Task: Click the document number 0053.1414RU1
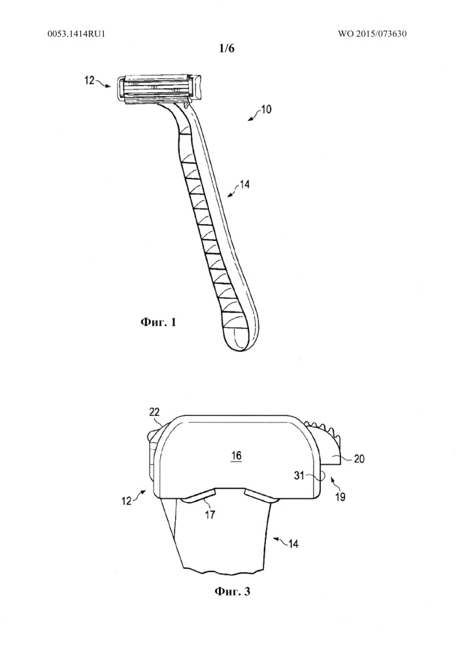tap(76, 33)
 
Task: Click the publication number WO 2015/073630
tap(372, 33)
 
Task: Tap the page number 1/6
tap(227, 49)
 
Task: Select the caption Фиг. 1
tap(158, 322)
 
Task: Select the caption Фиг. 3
tap(233, 591)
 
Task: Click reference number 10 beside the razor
tap(266, 110)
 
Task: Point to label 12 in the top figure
tap(90, 80)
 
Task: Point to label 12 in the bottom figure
tap(127, 501)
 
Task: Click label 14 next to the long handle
tap(245, 184)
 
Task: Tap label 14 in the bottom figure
tap(293, 543)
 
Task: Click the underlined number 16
tap(236, 455)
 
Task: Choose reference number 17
tap(210, 515)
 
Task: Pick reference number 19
tap(340, 497)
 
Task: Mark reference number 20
tap(359, 458)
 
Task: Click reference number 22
tap(154, 412)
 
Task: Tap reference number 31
tap(299, 475)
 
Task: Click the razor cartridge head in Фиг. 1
tap(159, 88)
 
